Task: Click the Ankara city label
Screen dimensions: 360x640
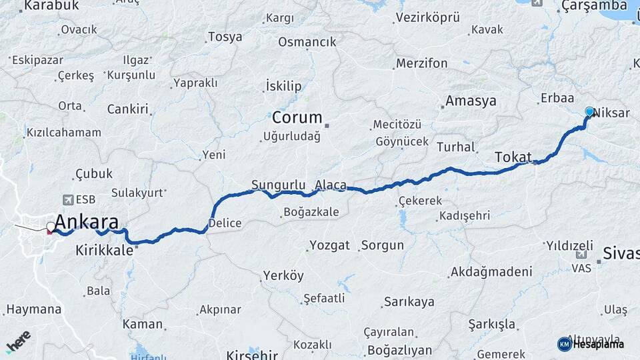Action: coord(87,222)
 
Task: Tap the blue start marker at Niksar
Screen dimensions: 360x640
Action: coord(589,111)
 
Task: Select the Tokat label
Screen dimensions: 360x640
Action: coord(513,157)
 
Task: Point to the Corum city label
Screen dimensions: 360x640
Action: coord(297,118)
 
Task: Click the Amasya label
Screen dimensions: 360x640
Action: coord(471,101)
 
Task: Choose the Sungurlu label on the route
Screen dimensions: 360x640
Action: coord(278,185)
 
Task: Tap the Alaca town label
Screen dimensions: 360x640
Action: coord(331,185)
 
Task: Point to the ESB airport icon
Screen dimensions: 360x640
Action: coord(67,199)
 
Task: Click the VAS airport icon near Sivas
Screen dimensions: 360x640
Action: coord(581,254)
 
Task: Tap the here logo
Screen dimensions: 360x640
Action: coord(18,341)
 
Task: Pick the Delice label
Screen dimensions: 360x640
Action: coord(225,223)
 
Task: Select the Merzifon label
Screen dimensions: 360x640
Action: coord(421,63)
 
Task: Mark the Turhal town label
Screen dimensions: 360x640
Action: coord(456,147)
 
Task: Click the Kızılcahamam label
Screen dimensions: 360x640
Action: coord(64,132)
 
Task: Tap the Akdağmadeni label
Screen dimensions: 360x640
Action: coord(491,272)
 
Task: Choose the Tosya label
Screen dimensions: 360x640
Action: coord(225,37)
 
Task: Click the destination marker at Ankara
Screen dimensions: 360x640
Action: coord(51,227)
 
